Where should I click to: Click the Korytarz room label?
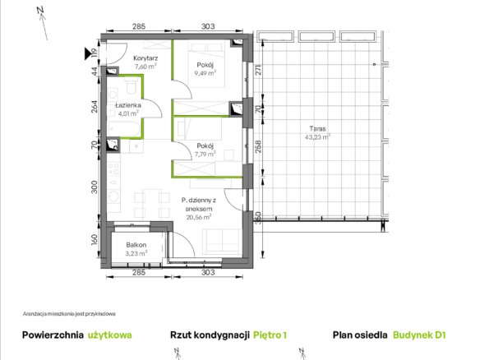145,58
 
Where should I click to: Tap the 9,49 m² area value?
205,73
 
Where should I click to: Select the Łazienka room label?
128,105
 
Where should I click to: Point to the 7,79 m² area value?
205,154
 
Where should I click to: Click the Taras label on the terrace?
317,128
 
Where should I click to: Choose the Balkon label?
136,245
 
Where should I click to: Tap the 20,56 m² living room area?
199,217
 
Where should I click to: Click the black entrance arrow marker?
89,53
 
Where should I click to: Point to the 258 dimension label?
259,146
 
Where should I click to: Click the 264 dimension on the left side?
95,107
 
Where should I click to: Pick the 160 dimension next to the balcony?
95,239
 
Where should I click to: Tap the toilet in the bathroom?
132,86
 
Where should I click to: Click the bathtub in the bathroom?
124,129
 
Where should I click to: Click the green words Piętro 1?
270,335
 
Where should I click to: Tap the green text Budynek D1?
419,335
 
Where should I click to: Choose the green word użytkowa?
110,335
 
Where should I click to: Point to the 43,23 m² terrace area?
317,136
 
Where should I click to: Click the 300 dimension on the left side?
95,187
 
